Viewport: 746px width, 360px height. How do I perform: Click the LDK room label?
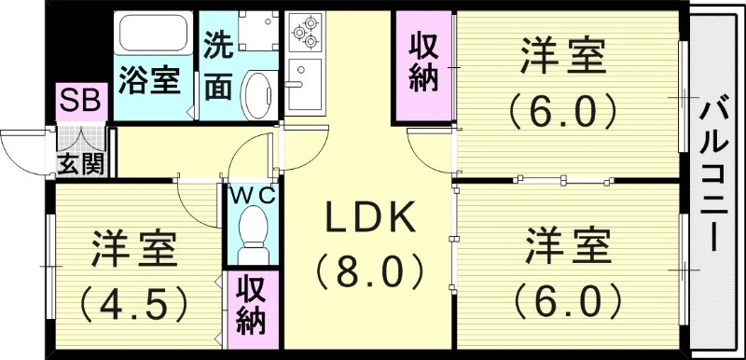pyautogui.click(x=368, y=217)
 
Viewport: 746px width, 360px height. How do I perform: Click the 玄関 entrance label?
pyautogui.click(x=79, y=165)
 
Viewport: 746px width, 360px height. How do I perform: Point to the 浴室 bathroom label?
pyautogui.click(x=147, y=80)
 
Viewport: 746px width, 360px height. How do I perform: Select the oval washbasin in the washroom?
pyautogui.click(x=256, y=94)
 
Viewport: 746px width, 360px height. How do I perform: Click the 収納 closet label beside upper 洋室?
pyautogui.click(x=422, y=63)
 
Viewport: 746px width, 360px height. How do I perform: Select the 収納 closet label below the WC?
pyautogui.click(x=250, y=303)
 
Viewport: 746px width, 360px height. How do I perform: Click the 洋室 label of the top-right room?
pyautogui.click(x=563, y=58)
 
